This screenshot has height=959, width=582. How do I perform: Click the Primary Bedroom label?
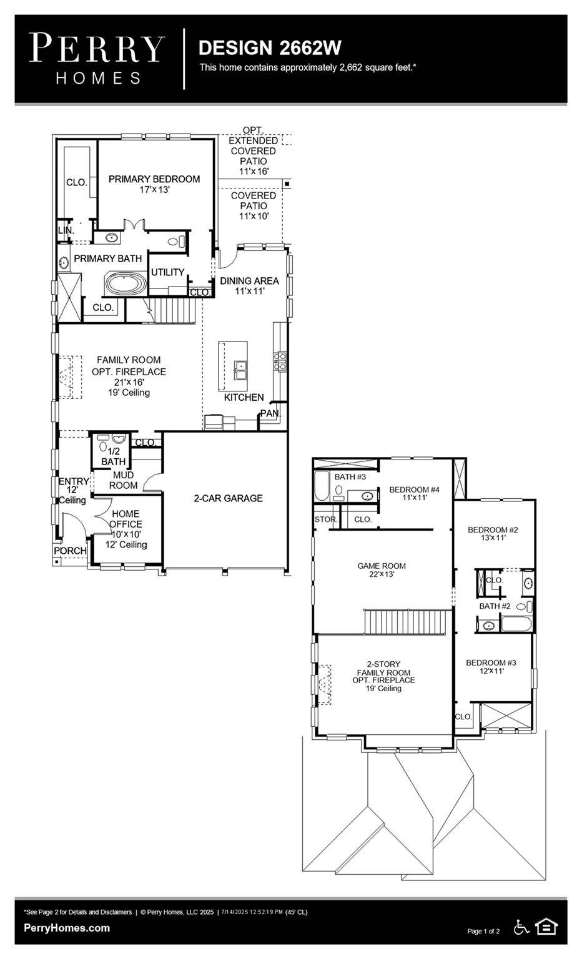point(154,179)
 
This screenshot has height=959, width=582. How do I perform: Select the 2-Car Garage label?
point(228,498)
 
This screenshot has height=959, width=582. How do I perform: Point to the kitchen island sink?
point(240,370)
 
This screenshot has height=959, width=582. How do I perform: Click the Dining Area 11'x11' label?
point(249,285)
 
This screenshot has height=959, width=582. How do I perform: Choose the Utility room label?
point(167,272)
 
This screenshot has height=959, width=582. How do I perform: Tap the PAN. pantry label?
point(270,413)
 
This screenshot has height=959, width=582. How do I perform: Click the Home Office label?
point(126,519)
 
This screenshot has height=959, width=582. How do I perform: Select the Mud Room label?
point(123,480)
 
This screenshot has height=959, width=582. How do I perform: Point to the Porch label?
point(70,551)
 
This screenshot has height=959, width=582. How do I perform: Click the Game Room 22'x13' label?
point(382,570)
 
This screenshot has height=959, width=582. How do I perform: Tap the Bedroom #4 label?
point(414,489)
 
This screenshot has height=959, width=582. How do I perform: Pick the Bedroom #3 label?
point(491,662)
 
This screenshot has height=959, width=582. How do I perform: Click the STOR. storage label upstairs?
point(325,519)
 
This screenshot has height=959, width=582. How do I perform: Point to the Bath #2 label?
point(495,606)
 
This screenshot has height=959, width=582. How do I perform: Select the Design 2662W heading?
point(270,48)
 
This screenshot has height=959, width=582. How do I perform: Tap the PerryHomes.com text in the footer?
point(67,928)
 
